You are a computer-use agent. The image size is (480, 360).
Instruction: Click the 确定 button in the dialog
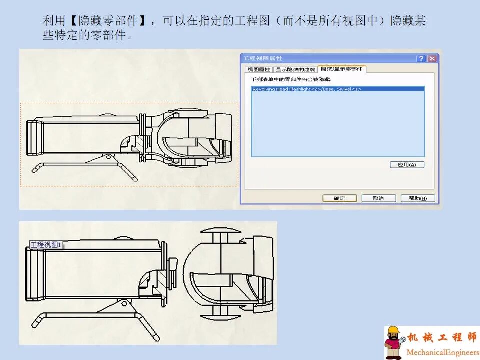339,198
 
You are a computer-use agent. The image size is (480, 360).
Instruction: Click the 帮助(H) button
418,198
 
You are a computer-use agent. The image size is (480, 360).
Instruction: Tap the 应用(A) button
407,165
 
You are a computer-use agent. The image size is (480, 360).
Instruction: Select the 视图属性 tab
259,70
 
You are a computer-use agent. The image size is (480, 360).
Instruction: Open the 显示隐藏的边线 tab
296,70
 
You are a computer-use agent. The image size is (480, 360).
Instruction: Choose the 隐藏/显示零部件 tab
342,69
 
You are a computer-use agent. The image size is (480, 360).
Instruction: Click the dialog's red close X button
432,59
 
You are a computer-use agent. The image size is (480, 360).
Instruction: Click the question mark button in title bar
421,59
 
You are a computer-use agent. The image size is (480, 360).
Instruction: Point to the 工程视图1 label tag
45,245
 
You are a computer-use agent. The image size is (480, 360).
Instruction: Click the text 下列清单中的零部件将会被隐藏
291,79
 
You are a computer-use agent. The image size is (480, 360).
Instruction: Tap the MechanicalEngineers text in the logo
442,353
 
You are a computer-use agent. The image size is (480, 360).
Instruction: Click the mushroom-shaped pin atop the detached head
219,234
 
